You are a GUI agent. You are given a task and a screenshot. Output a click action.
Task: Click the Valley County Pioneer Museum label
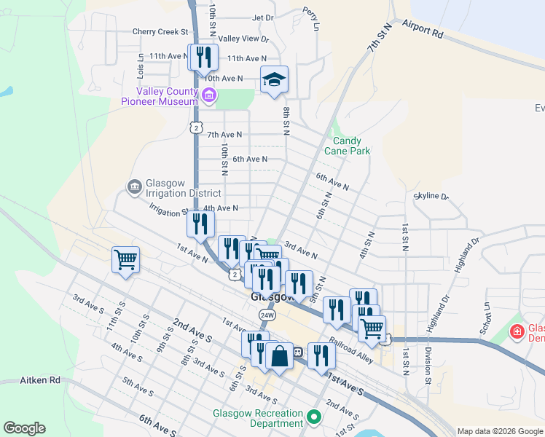point(159,96)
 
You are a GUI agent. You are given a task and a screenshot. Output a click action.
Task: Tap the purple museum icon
point(210,95)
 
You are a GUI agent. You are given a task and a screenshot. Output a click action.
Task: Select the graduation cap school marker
point(275,80)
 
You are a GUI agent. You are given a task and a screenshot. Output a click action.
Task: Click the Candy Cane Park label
point(352,146)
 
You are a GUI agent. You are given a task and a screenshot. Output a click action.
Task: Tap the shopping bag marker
point(279,356)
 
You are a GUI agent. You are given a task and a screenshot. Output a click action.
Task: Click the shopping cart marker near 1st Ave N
point(125,259)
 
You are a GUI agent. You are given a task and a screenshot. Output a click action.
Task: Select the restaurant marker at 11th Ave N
point(203,57)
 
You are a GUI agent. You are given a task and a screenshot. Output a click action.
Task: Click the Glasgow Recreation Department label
point(257,418)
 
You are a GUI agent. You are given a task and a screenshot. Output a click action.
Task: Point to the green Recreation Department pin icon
point(315,417)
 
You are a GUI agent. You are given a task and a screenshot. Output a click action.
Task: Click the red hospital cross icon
point(517,332)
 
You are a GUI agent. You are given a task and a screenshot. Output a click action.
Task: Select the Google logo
point(24,428)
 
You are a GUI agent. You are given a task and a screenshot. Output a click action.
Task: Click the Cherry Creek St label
point(160,32)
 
